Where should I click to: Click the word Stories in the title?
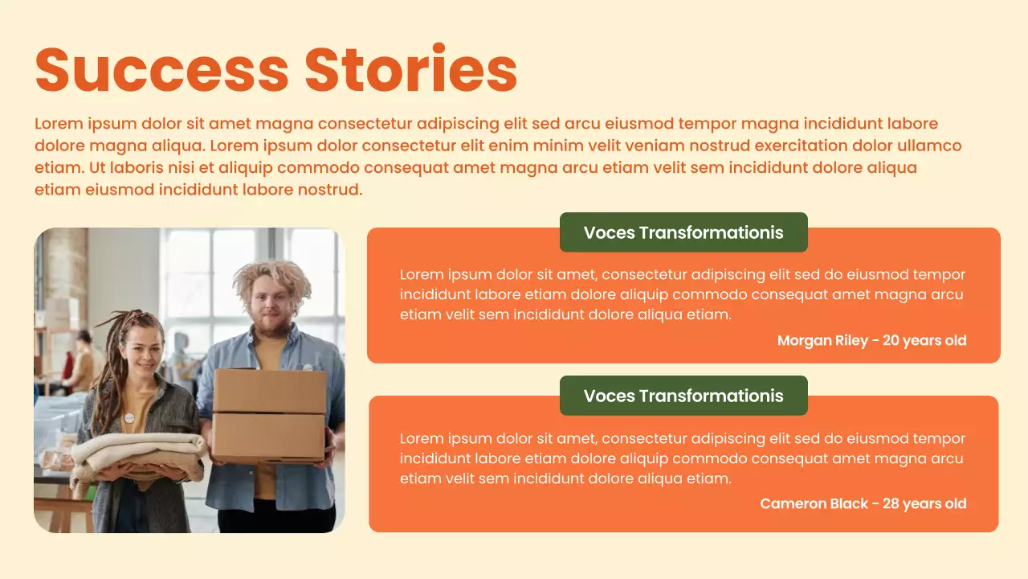coord(410,69)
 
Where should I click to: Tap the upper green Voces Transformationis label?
coord(683,232)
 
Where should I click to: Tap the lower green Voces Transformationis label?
coord(683,396)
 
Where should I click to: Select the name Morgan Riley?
coord(822,340)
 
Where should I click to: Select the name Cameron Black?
coord(814,503)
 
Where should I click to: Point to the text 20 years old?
coord(924,340)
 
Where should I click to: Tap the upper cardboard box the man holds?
coord(269,391)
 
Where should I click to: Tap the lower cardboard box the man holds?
coord(269,437)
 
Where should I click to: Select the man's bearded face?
coord(271,310)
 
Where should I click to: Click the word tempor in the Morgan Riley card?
coord(939,274)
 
